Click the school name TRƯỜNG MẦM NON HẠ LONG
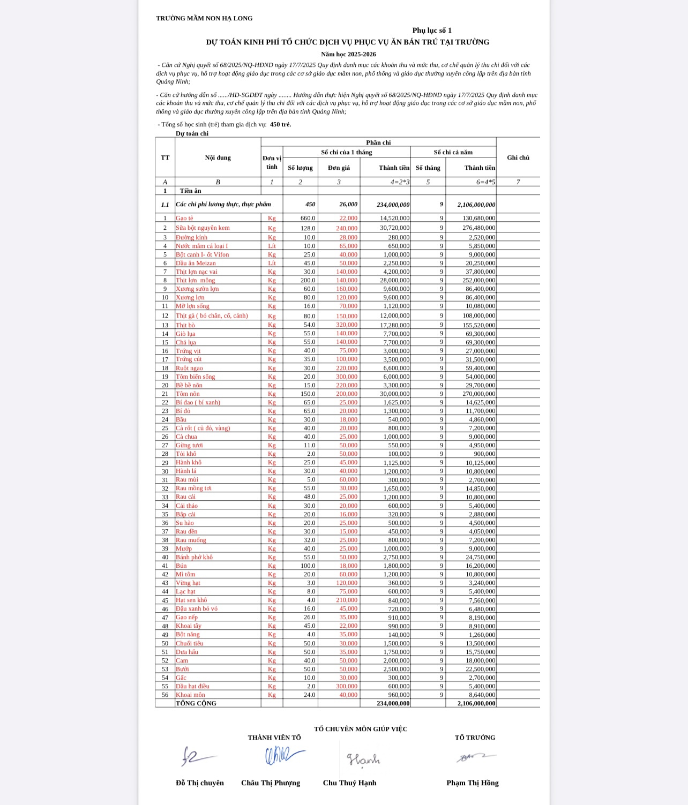click(204, 18)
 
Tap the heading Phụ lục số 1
click(432, 31)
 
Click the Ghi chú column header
click(518, 157)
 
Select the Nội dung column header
click(218, 157)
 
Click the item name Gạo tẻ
click(184, 219)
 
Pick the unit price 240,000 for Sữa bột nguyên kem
click(347, 228)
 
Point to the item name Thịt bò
click(185, 325)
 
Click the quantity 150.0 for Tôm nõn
click(308, 394)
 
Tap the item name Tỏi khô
click(186, 454)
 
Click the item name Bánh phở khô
click(194, 557)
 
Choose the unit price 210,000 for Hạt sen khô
click(347, 600)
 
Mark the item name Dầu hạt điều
click(192, 686)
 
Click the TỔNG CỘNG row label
click(196, 703)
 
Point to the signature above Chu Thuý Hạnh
click(363, 759)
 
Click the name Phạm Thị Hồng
click(472, 783)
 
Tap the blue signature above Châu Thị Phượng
click(284, 756)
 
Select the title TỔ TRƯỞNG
click(475, 738)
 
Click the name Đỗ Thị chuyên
click(200, 783)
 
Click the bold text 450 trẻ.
click(280, 124)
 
